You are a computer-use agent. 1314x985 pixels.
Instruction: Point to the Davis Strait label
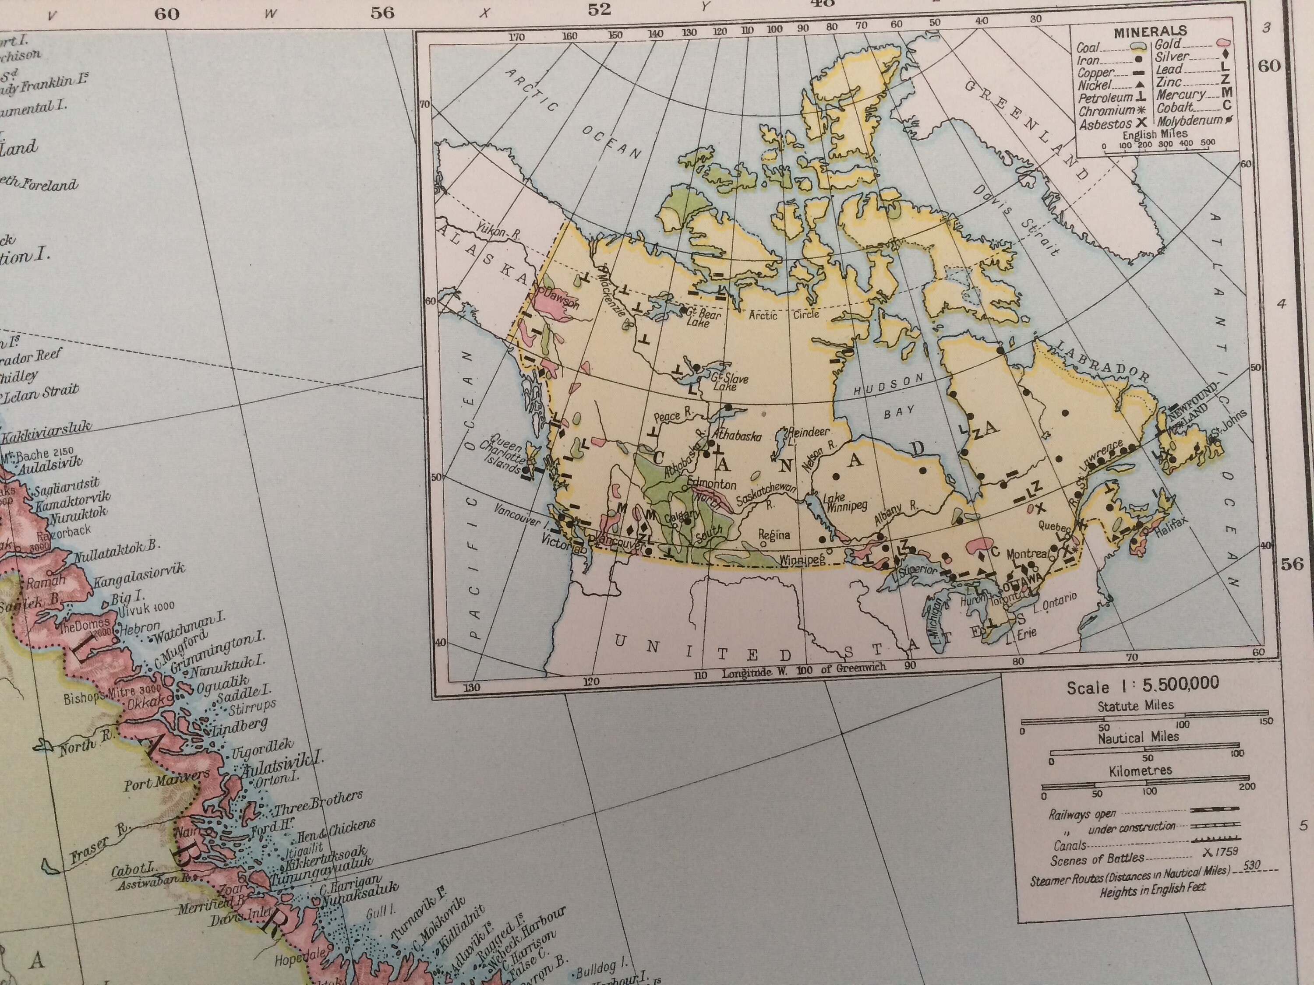pos(1015,220)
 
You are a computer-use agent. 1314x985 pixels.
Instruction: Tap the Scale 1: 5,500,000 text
pos(1142,686)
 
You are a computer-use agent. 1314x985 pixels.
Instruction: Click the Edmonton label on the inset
pos(712,485)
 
